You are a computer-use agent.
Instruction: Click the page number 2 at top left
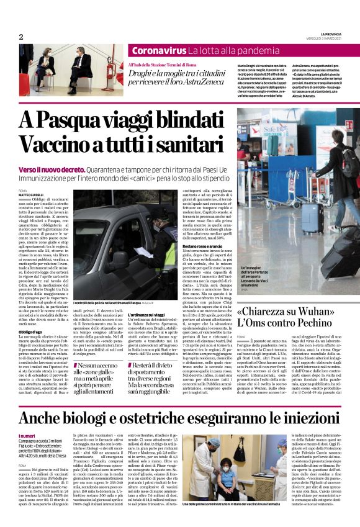(x=20, y=37)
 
